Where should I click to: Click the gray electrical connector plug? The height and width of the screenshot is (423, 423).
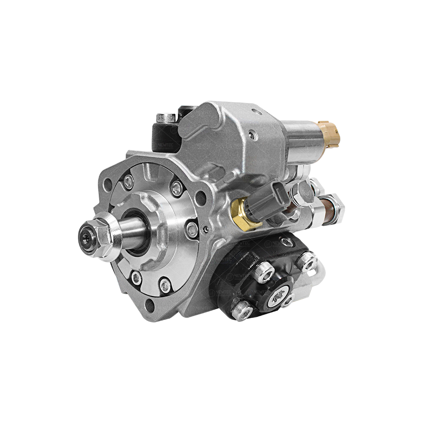pyautogui.click(x=268, y=200)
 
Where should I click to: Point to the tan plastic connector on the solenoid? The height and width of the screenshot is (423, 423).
pyautogui.click(x=329, y=134)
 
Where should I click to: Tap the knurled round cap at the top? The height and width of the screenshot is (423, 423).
pyautogui.click(x=166, y=117)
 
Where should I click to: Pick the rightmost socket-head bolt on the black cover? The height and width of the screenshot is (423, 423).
pyautogui.click(x=307, y=262)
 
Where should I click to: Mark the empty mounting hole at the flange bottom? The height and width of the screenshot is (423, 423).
pyautogui.click(x=149, y=304)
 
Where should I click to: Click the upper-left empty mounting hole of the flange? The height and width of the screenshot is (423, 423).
pyautogui.click(x=108, y=184)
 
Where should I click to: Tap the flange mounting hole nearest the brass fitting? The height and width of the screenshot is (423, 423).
pyautogui.click(x=201, y=197)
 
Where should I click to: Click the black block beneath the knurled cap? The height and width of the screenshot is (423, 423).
pyautogui.click(x=164, y=137)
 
